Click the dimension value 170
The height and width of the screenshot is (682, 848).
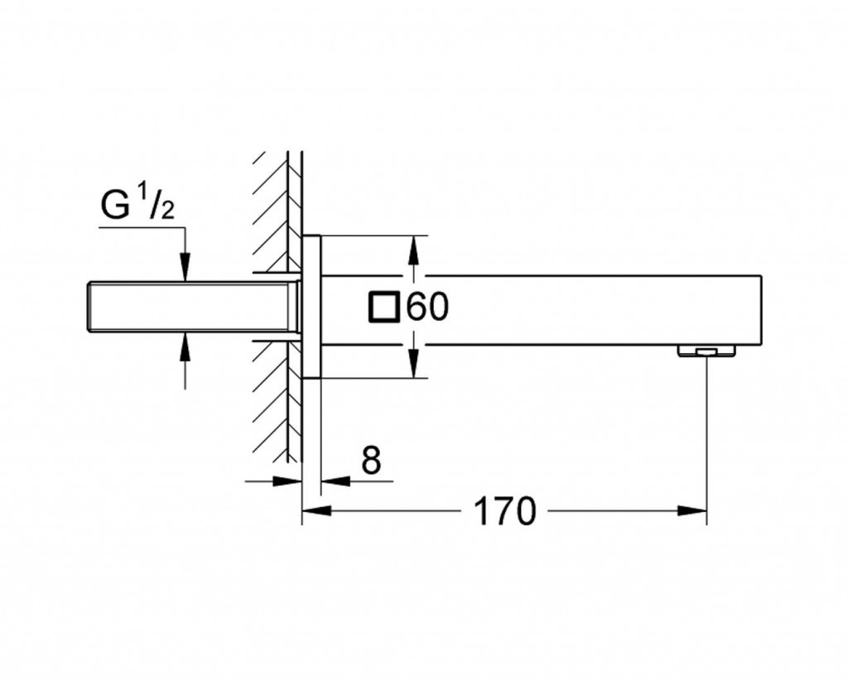(x=504, y=511)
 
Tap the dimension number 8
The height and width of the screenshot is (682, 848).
(x=371, y=462)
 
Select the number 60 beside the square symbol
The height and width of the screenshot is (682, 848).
(x=427, y=307)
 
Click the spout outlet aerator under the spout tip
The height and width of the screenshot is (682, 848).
(x=706, y=351)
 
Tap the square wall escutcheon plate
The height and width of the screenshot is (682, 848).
(x=311, y=307)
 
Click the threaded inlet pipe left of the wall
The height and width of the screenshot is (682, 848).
(x=190, y=307)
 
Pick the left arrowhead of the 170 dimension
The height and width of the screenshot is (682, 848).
(x=315, y=510)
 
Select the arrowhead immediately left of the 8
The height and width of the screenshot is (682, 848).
(x=332, y=480)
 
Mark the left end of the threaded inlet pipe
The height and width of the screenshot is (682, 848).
(x=90, y=307)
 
